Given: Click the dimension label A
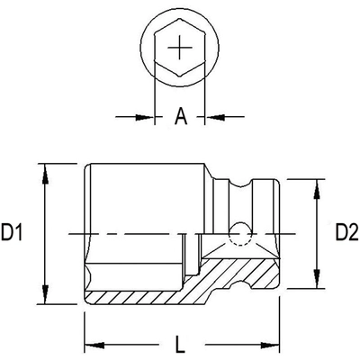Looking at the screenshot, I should click(180, 116).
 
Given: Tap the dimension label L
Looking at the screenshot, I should click(180, 344).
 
